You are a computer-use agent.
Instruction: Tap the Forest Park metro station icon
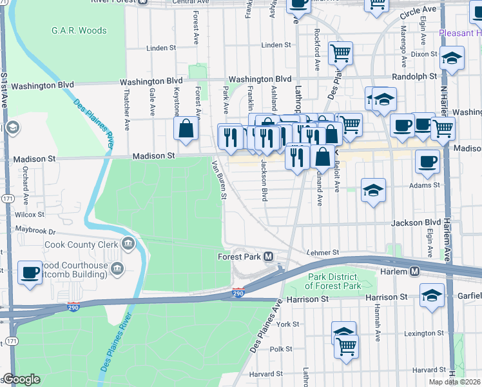(x=269, y=257)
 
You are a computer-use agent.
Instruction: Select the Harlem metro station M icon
(x=415, y=272)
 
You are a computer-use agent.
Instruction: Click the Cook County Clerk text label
(x=82, y=244)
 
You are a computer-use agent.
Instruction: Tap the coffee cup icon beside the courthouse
(x=30, y=272)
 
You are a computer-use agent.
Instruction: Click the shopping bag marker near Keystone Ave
(x=186, y=128)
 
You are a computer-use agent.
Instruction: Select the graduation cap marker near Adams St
(x=373, y=190)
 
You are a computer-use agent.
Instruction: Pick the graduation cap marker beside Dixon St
(x=452, y=59)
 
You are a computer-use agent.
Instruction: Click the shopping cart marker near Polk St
(x=347, y=346)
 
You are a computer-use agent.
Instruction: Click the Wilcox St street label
(x=30, y=214)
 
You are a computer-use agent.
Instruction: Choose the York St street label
(x=288, y=324)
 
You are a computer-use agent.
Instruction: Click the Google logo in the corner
(x=21, y=379)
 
